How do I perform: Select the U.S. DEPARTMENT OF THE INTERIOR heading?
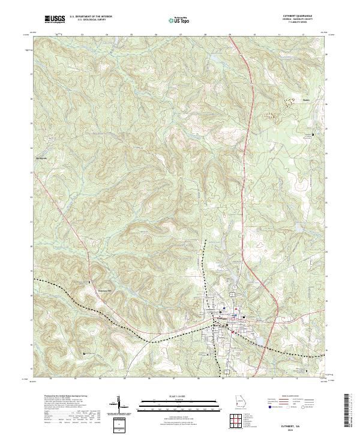(x=91, y=17)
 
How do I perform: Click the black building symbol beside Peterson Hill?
(x=91, y=282)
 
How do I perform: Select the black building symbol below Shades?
(x=313, y=134)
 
